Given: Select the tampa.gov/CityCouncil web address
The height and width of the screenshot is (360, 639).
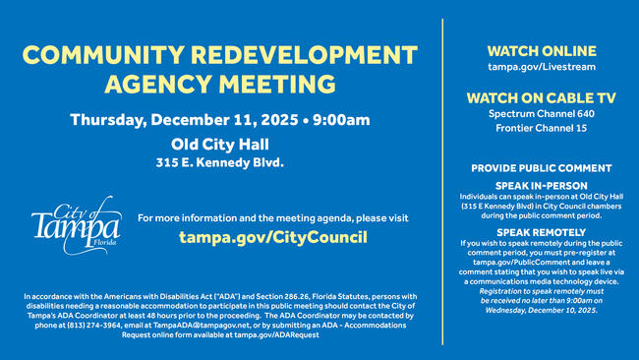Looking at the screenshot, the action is click(272, 237).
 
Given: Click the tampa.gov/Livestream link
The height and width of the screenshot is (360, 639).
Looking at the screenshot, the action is click(540, 66).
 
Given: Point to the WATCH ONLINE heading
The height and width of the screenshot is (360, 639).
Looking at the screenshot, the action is click(540, 49).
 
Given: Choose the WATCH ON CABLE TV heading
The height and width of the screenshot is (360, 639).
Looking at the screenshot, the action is click(540, 97).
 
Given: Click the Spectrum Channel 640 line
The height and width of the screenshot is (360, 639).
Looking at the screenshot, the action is click(540, 114).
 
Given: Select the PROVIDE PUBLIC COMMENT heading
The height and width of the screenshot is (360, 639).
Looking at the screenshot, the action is click(541, 168).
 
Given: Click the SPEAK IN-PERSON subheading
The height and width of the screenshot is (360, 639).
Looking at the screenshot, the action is click(541, 185).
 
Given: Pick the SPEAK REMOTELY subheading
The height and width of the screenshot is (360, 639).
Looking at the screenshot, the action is click(541, 231).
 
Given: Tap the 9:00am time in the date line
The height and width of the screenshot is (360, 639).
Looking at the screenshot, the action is click(340, 120).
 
